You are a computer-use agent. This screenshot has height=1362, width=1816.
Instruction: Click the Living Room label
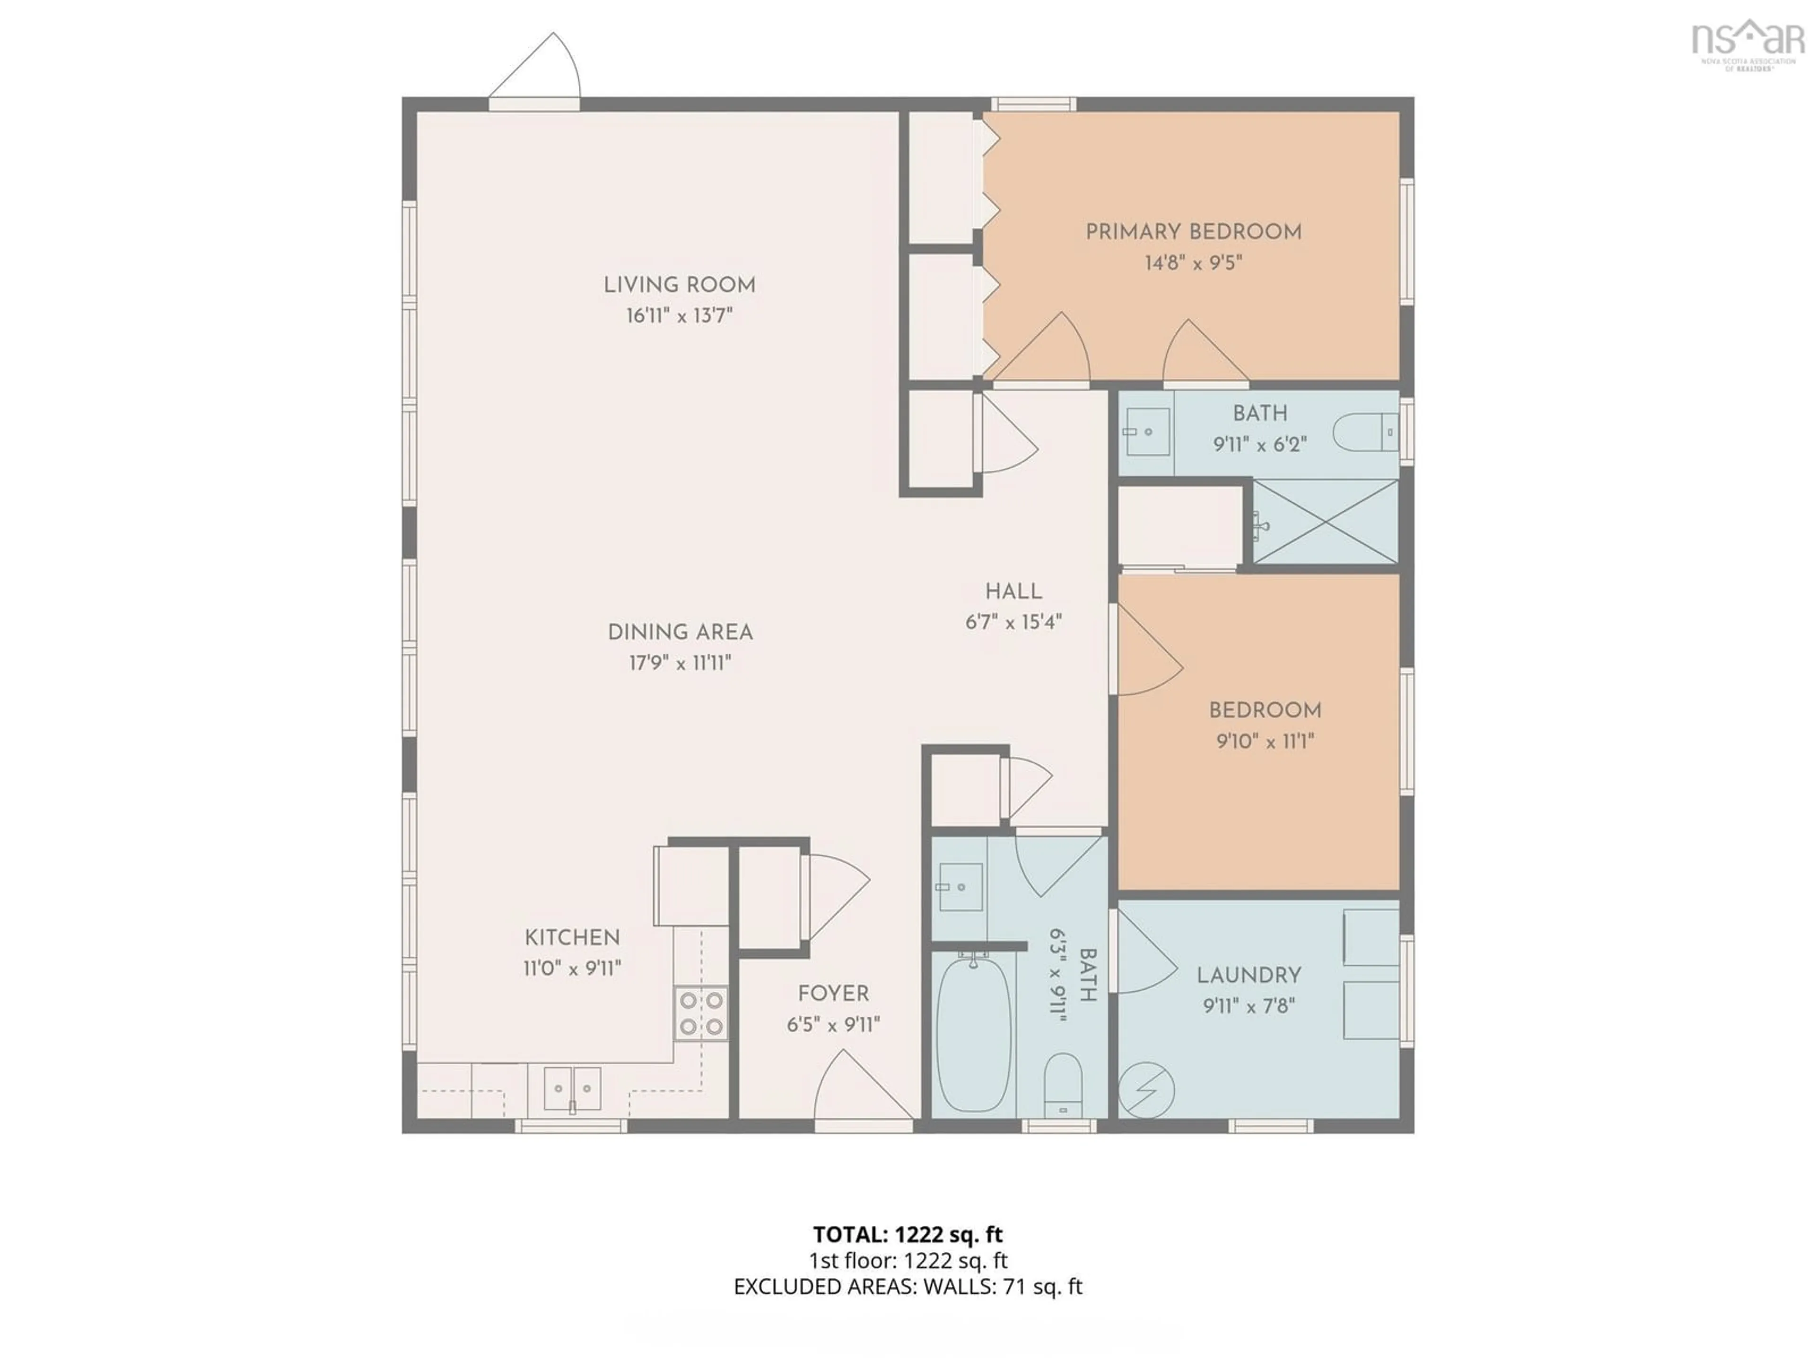679,285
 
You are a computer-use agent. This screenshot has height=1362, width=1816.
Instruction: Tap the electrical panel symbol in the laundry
1146,1090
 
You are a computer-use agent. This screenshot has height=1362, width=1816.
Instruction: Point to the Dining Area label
680,632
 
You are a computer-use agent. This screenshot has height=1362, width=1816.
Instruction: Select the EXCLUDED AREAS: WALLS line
907,1286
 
